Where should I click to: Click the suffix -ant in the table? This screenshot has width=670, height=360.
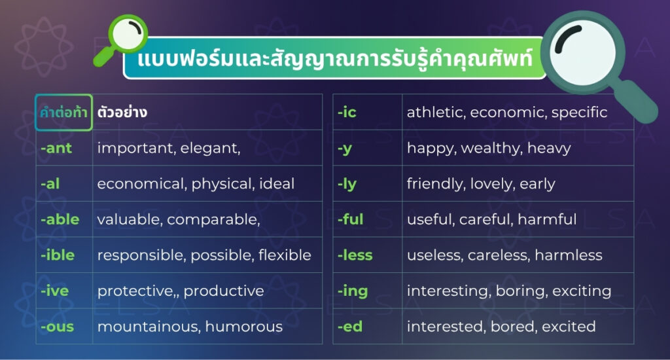tap(56, 148)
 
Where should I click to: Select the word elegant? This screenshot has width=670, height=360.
tap(210, 149)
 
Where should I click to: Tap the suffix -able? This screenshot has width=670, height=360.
tap(60, 219)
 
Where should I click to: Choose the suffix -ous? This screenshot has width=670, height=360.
tap(57, 327)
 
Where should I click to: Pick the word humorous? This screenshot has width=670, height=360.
tap(243, 327)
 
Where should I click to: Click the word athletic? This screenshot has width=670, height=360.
tap(436, 112)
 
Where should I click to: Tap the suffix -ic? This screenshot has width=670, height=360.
tap(347, 112)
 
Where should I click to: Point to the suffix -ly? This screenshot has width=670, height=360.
tap(347, 185)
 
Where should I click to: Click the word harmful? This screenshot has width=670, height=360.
tap(547, 219)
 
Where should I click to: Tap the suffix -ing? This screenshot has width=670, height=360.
tap(353, 291)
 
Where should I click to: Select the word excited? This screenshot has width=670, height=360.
tap(569, 327)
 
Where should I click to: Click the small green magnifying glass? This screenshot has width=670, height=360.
tap(121, 39)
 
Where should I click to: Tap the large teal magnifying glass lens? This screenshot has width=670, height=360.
tap(583, 53)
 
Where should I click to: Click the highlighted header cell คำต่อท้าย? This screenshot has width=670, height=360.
tap(63, 112)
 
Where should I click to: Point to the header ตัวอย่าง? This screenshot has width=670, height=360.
tap(122, 112)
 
